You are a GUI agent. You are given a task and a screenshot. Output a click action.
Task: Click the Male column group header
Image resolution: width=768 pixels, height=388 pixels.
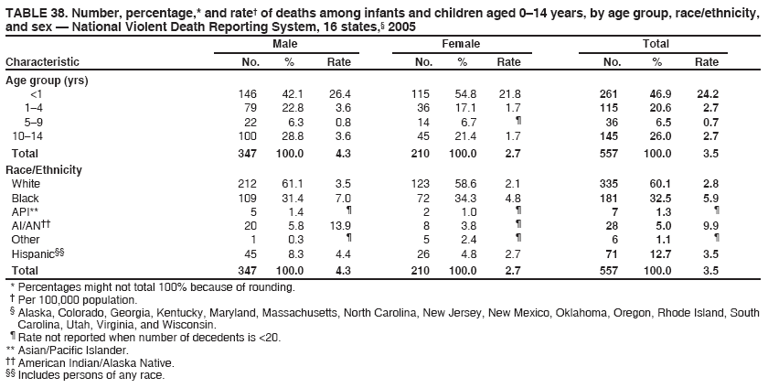click(x=283, y=44)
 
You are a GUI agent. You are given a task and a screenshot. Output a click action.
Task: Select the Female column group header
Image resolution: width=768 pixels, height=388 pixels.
click(x=461, y=44)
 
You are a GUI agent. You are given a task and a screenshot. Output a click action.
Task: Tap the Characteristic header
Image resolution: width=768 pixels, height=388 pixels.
click(x=42, y=62)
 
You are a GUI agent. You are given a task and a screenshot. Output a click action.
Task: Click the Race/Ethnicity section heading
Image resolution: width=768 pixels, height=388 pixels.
click(x=44, y=170)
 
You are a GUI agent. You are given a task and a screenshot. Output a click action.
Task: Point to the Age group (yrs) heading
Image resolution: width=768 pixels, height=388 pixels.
click(x=47, y=81)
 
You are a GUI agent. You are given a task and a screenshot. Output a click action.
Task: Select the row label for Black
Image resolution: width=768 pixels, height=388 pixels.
click(x=25, y=198)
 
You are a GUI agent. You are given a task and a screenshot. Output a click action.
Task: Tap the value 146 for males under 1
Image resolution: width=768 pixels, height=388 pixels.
click(x=248, y=94)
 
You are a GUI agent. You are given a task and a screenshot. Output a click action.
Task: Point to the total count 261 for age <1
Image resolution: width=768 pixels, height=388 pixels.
click(x=609, y=94)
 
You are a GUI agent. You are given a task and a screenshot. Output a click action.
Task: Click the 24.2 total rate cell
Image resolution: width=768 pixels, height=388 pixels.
click(x=706, y=94)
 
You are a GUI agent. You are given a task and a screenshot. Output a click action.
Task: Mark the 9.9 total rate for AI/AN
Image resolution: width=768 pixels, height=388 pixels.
click(x=709, y=225)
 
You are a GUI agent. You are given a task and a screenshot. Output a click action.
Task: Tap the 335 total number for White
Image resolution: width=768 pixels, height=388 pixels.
click(x=609, y=184)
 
